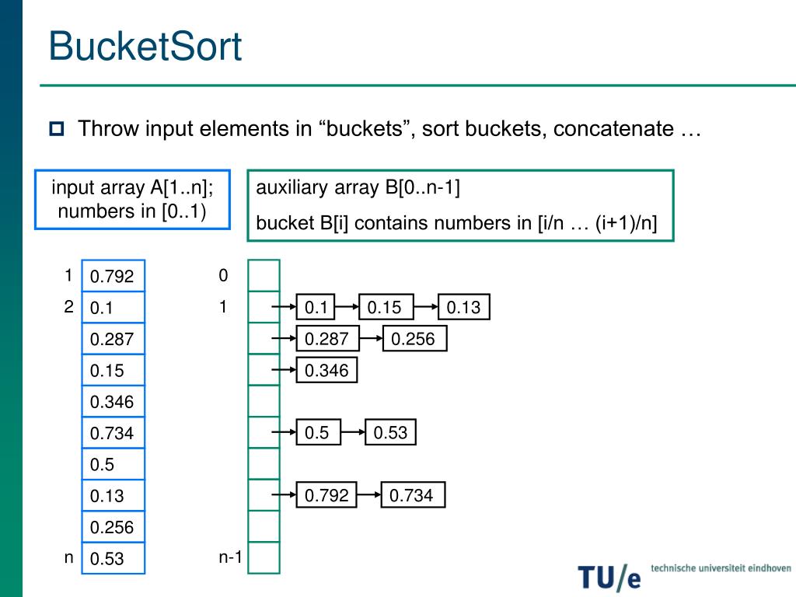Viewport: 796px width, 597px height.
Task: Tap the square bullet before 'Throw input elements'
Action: point(58,129)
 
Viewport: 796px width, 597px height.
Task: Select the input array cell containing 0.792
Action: point(113,276)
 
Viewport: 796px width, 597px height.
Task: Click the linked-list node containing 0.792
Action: point(326,495)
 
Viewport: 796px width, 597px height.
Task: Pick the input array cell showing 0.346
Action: point(113,402)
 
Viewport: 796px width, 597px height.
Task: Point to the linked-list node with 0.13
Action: point(463,307)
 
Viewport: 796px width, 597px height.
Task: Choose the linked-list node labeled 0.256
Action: point(413,339)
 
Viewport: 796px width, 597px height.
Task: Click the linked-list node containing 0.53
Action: point(390,432)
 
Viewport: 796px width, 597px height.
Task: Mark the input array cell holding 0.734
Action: point(113,433)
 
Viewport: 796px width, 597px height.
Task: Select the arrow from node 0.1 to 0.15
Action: point(345,308)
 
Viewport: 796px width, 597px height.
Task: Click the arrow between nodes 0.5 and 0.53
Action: point(353,432)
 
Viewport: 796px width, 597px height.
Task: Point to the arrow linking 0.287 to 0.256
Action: point(372,339)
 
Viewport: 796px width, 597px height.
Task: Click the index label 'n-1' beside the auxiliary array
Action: point(231,557)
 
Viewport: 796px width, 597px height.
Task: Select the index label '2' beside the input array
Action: point(68,307)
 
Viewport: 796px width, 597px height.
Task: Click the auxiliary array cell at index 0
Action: point(264,275)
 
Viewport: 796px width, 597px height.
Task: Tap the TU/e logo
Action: point(609,576)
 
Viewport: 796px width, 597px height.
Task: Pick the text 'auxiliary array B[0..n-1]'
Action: point(358,188)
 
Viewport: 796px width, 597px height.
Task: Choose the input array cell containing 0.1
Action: point(113,308)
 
